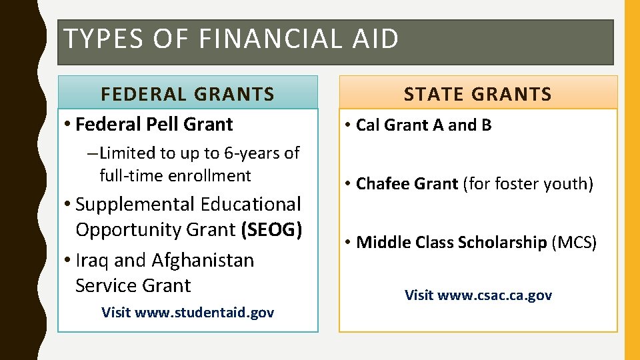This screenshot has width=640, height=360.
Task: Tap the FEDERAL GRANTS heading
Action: (x=187, y=94)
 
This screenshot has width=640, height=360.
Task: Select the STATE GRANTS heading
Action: (x=478, y=94)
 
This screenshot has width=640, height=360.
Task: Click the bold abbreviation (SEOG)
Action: (x=272, y=229)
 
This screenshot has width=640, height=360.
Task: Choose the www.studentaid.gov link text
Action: (x=204, y=312)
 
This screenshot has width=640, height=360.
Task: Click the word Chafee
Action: (x=382, y=183)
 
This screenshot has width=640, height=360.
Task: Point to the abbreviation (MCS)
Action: (x=574, y=242)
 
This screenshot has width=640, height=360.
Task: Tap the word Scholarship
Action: (x=502, y=242)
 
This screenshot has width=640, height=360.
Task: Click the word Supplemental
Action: (x=133, y=204)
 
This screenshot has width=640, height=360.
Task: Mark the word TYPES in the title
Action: (x=97, y=39)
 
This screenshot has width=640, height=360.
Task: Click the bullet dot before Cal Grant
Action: (x=349, y=125)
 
